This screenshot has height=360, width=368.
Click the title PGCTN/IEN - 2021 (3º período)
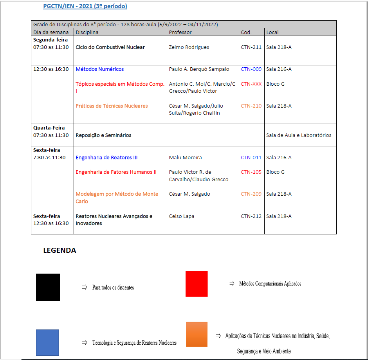[85, 6]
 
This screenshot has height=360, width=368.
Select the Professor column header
[180, 32]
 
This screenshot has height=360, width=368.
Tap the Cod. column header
[246, 32]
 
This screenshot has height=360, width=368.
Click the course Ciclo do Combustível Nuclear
[110, 47]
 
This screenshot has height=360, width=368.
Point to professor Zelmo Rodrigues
[189, 47]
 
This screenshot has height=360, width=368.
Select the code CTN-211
[251, 47]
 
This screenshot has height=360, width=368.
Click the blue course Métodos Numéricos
[99, 69]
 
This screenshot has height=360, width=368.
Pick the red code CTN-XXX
[251, 84]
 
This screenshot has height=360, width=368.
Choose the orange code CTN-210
[251, 106]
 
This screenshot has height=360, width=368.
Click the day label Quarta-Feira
[49, 128]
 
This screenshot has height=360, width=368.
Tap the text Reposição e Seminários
[103, 135]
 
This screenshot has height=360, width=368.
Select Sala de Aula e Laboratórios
[299, 135]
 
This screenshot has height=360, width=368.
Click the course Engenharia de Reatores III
[106, 157]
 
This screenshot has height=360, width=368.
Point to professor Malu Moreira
[185, 157]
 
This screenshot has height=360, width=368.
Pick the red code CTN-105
[251, 172]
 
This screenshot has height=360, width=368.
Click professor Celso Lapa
[181, 216]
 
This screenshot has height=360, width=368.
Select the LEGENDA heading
[60, 250]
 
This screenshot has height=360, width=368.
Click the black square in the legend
[48, 287]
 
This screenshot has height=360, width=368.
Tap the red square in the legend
[197, 284]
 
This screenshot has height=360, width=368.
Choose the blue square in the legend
[47, 342]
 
